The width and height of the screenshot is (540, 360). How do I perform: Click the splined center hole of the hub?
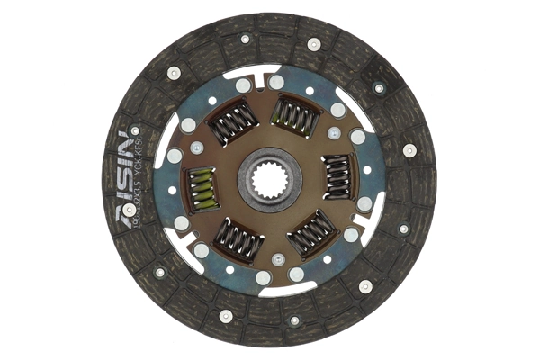(x=270, y=180)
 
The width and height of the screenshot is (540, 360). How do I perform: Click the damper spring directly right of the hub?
(x=337, y=176)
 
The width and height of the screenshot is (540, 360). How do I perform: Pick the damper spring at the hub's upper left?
(x=233, y=122)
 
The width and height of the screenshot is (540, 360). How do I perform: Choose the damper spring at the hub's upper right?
(x=294, y=115)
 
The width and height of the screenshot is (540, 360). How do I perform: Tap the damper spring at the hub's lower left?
(x=238, y=239)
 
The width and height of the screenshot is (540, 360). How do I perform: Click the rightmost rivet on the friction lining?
(x=409, y=150)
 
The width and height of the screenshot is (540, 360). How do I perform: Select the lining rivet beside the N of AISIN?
(x=135, y=130)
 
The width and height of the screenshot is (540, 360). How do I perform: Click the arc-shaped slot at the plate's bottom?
(x=270, y=290)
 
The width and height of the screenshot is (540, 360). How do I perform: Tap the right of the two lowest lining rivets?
(x=294, y=320)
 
